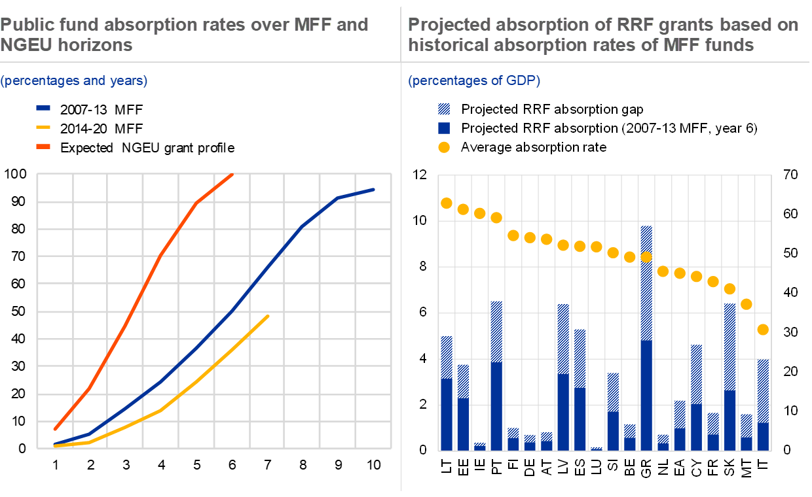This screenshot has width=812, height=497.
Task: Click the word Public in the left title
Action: [25, 25]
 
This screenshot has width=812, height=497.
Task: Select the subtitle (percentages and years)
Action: [74, 80]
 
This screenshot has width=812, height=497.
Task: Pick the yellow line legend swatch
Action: [43, 127]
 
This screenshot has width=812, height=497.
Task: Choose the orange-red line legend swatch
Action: [43, 146]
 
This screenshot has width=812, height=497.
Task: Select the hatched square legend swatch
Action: [444, 109]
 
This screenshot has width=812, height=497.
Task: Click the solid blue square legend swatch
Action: [444, 128]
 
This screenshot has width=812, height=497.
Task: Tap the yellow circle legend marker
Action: [444, 147]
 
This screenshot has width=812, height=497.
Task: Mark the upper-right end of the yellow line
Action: [268, 317]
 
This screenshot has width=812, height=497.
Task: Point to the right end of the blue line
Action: [373, 190]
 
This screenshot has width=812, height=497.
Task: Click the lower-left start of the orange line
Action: [55, 429]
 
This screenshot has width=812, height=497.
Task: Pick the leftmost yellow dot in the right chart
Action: [447, 203]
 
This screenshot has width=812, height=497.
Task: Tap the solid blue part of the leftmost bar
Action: [447, 415]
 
